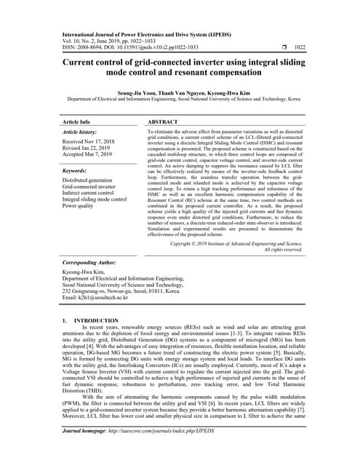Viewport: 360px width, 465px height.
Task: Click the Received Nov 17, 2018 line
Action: (90, 142)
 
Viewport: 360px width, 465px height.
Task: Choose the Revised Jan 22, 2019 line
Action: (88, 148)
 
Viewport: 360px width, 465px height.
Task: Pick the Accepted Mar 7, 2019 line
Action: (89, 155)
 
